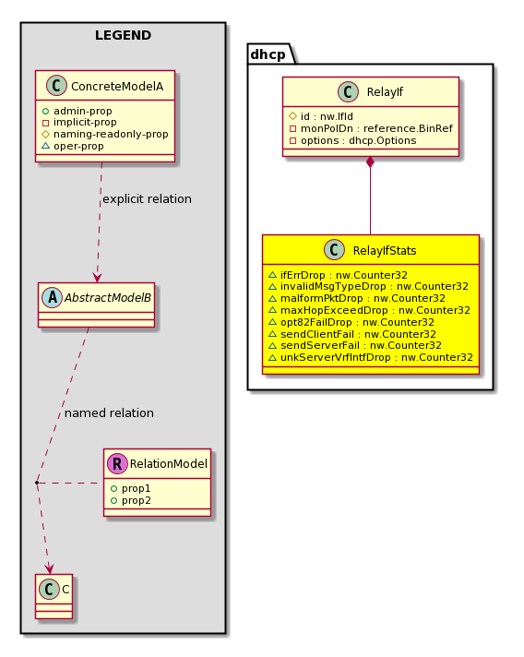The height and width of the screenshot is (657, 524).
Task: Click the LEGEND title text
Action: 123,35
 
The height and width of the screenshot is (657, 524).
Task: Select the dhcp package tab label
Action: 268,54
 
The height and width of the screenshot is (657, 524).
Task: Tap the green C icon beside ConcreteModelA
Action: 56,86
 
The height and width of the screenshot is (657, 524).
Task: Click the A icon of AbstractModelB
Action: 52,297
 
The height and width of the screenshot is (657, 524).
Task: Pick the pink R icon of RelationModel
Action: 117,463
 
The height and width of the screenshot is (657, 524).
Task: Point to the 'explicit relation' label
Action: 147,199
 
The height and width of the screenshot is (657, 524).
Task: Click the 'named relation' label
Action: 109,413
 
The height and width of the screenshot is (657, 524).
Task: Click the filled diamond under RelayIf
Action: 370,162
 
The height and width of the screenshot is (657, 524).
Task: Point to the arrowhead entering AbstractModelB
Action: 97,278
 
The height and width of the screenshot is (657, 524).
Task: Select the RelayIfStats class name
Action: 385,251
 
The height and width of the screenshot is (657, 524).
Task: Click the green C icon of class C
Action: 49,589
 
